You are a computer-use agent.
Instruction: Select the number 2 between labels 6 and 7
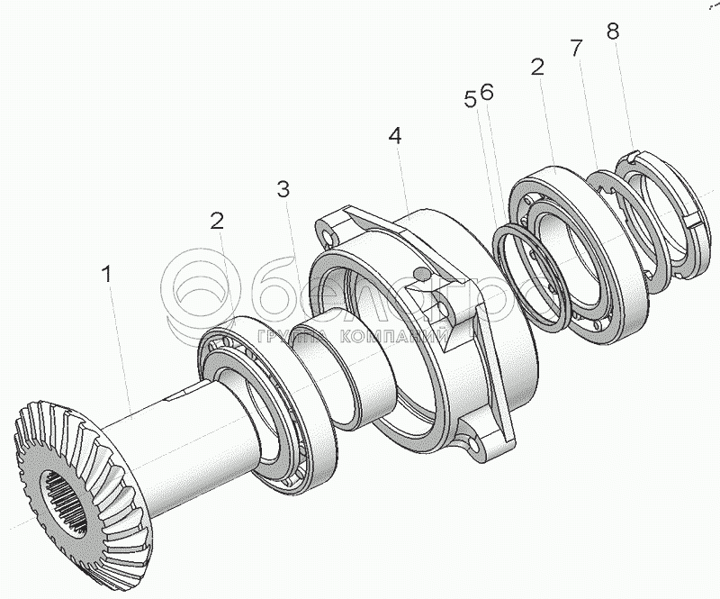538,67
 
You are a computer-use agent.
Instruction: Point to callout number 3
283,189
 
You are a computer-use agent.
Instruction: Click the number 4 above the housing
395,136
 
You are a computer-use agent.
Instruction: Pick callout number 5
471,99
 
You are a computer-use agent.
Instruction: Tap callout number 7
575,47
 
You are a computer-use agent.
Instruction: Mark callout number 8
613,32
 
